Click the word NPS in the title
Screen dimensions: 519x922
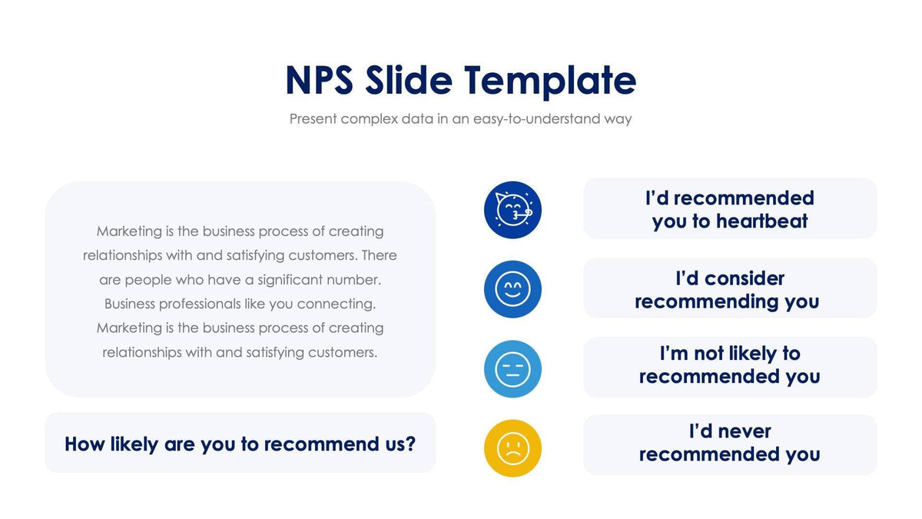click(319, 81)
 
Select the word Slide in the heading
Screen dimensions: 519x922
click(408, 81)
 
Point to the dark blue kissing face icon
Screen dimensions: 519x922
click(512, 210)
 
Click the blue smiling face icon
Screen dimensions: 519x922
click(512, 290)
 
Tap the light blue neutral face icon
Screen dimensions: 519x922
click(512, 369)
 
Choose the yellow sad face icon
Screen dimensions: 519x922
click(512, 448)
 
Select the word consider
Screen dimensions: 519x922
click(745, 278)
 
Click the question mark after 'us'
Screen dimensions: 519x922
click(410, 444)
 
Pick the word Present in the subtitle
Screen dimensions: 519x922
click(313, 119)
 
